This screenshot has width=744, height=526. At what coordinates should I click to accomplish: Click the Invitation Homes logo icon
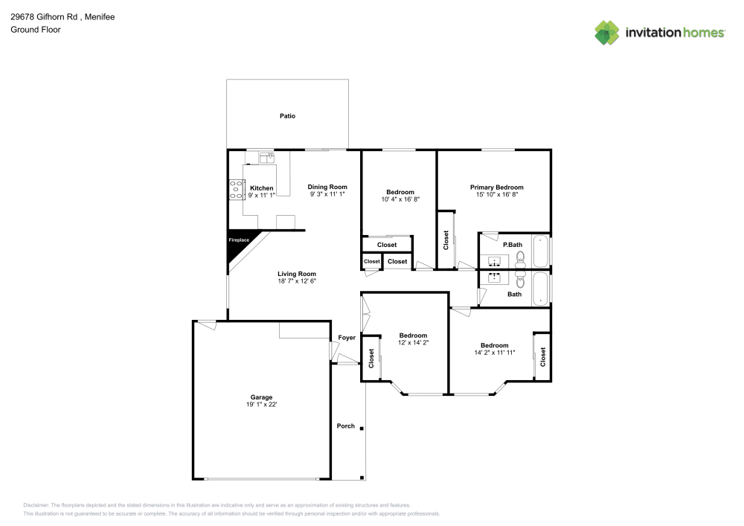coord(606,33)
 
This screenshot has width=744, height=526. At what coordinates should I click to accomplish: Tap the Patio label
coord(287,116)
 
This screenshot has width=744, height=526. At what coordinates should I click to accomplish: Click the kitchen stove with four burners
coord(237,190)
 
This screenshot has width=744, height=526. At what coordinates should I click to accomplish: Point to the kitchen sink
coord(266,157)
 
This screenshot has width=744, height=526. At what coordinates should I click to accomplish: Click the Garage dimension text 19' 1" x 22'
coord(261,405)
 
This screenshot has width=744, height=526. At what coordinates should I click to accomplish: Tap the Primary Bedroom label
coord(496,187)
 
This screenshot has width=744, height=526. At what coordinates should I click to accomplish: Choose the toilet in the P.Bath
coord(520,257)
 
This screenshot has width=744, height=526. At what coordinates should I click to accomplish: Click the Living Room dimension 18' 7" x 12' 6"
coord(297,281)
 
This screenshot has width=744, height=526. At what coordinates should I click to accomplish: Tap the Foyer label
coord(347,338)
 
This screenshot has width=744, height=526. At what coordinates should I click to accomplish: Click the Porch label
coord(346,426)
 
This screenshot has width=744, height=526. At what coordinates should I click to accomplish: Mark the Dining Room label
coord(327,187)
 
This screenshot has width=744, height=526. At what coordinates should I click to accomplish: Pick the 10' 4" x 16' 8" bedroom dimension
coord(400,199)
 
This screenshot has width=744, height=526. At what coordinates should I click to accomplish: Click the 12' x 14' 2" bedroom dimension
coord(413,342)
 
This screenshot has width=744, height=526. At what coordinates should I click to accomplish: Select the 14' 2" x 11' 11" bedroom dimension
coord(494,353)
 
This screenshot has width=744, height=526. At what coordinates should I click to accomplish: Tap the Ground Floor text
coord(36,30)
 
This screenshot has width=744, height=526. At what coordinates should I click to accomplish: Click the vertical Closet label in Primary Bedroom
coord(446,240)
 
